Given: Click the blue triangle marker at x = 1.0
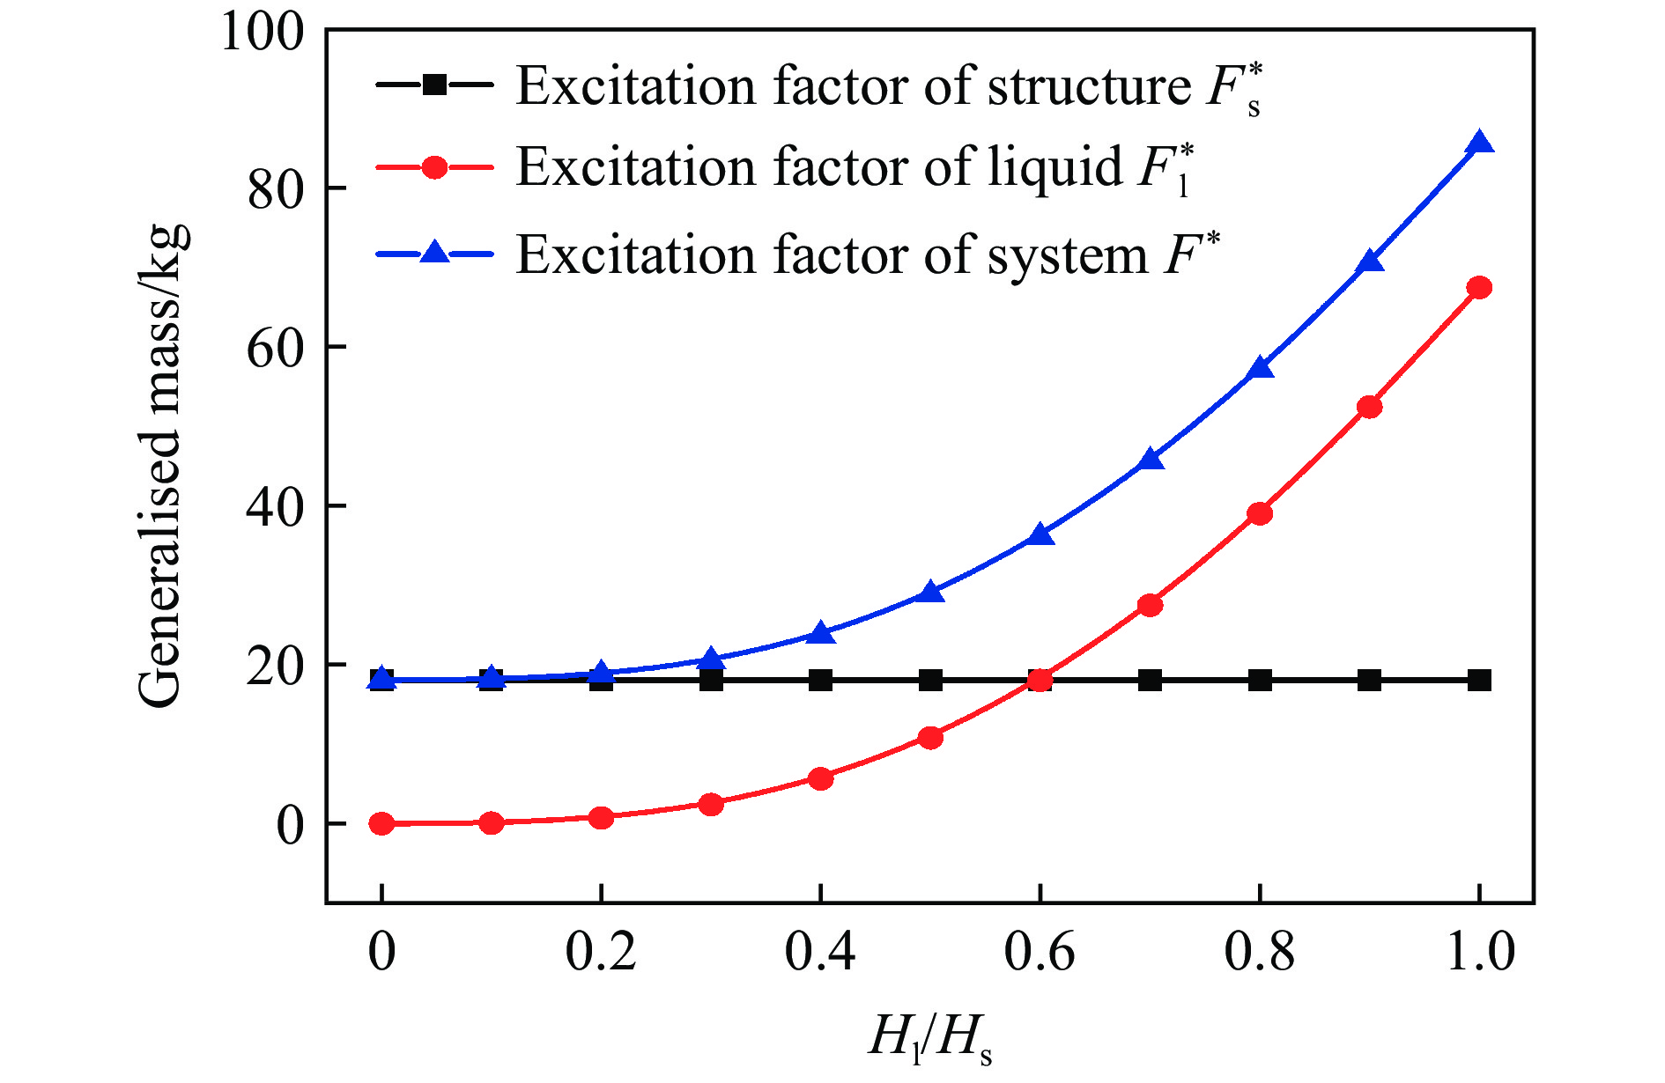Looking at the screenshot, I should (x=1479, y=144).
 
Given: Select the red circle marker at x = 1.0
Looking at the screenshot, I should (x=1479, y=287).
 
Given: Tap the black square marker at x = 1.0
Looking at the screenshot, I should (x=1479, y=680).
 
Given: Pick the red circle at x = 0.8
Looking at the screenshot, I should (x=1260, y=513).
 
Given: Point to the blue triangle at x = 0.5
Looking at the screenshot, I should (x=930, y=593).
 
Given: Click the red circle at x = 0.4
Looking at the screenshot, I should (x=820, y=778).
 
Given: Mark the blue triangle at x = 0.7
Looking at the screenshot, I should (x=1151, y=460).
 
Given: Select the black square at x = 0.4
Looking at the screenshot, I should (x=820, y=680).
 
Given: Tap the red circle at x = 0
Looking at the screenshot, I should (x=381, y=823).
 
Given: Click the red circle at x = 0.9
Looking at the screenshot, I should (x=1369, y=407).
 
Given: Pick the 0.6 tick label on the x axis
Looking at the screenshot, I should (x=1040, y=953).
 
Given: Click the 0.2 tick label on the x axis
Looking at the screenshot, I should (x=601, y=953).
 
